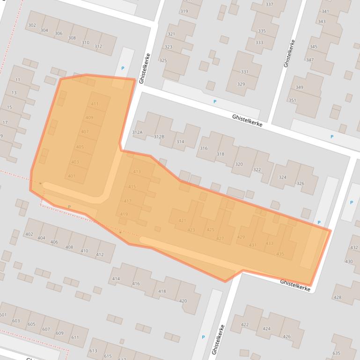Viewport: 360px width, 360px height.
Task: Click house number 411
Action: [95, 104]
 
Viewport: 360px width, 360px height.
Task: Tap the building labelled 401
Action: [71, 176]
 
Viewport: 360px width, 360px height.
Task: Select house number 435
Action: [280, 253]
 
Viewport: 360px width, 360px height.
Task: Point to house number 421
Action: [183, 221]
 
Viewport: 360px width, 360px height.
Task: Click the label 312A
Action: [137, 132]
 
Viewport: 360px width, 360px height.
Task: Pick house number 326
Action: [300, 183]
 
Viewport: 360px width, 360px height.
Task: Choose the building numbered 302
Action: [32, 25]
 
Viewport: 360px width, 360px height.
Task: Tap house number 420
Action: [183, 301]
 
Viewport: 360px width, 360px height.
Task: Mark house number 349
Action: [299, 87]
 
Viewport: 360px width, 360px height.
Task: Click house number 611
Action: [75, 337]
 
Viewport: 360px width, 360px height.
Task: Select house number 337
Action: [269, 4]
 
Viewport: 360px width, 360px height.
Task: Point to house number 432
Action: [354, 247]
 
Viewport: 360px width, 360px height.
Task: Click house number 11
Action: [18, 80]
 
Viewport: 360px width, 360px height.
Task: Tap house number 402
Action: [29, 234]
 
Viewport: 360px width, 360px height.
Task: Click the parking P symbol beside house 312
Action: [123, 68]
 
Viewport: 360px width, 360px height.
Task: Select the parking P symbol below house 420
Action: [203, 337]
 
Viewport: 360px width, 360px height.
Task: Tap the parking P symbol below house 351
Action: [332, 137]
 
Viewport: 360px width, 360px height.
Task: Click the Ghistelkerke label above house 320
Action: [247, 121]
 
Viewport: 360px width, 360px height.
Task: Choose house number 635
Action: [336, 353]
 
